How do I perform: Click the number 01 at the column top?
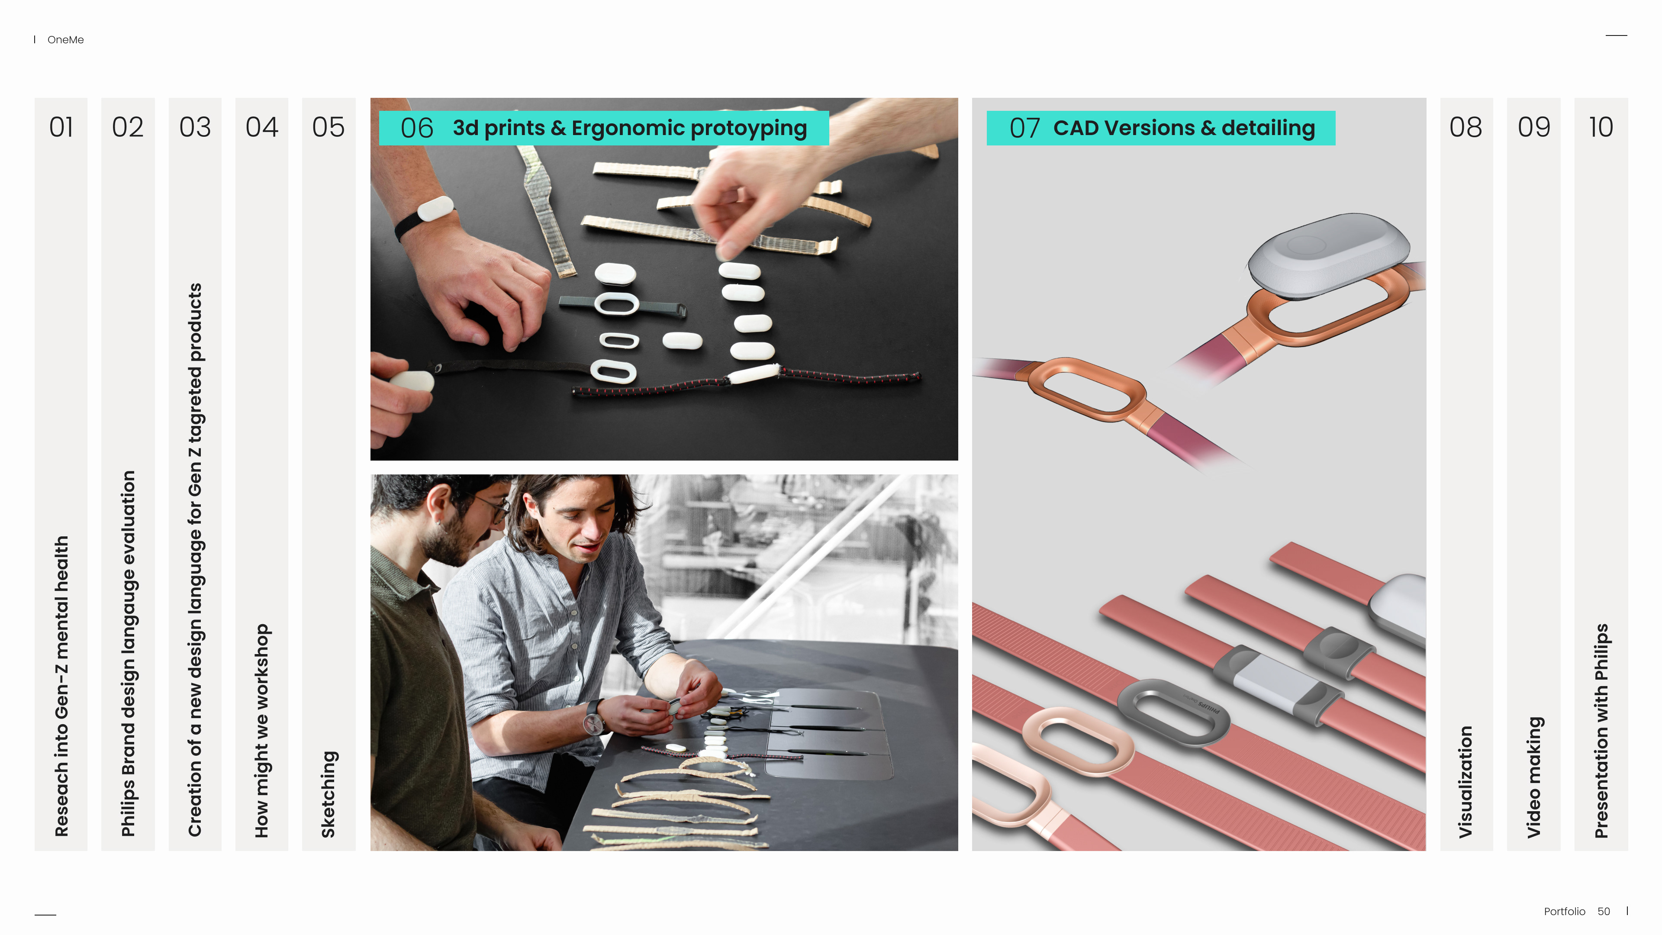point(61,127)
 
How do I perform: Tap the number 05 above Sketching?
point(329,127)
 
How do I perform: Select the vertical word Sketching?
point(329,794)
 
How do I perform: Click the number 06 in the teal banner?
point(417,128)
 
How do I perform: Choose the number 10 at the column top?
point(1601,127)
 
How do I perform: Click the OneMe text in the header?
point(66,40)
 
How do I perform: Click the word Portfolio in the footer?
point(1565,911)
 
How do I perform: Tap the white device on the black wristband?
point(435,208)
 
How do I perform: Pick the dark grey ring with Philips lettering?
point(1172,713)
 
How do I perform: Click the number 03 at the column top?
point(195,127)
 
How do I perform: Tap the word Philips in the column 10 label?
point(1602,652)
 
